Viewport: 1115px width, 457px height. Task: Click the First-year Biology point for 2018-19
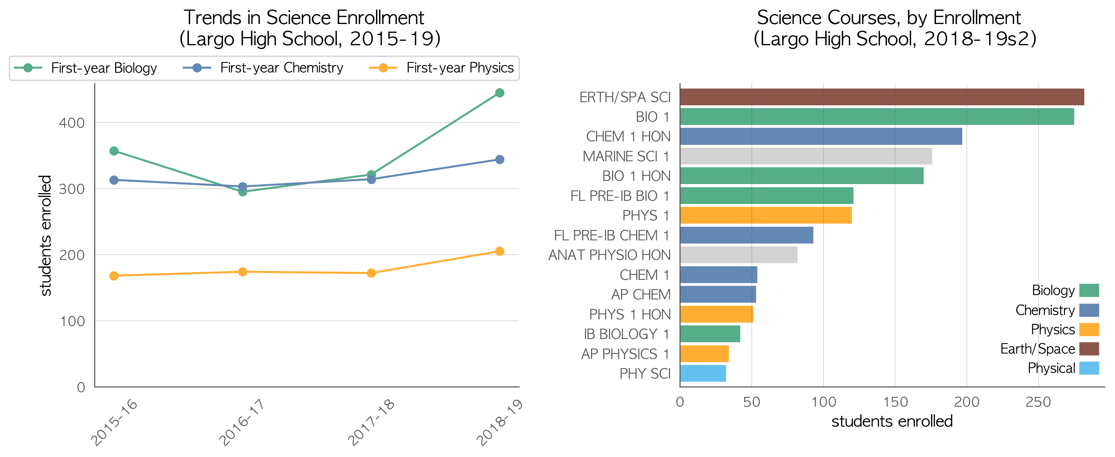(x=500, y=93)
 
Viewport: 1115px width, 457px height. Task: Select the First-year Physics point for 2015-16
(x=114, y=276)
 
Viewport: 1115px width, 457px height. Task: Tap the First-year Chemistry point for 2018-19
(x=500, y=160)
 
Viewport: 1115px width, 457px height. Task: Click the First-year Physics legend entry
(x=441, y=68)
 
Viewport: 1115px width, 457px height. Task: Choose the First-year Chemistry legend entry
(x=263, y=68)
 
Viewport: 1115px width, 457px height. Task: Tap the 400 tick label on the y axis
(x=72, y=123)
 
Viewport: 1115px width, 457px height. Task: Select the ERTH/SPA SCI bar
(x=882, y=97)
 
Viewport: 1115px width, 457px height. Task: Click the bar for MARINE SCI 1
(x=806, y=156)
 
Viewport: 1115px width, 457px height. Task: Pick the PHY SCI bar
(x=703, y=374)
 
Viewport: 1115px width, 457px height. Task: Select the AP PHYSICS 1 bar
(x=704, y=354)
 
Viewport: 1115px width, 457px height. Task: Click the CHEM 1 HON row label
(x=628, y=137)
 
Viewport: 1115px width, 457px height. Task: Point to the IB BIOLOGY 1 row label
(x=627, y=334)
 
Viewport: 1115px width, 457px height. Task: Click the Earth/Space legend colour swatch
(x=1089, y=349)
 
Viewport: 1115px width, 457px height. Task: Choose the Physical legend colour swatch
(x=1089, y=368)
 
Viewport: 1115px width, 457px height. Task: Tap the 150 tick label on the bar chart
(x=895, y=402)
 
